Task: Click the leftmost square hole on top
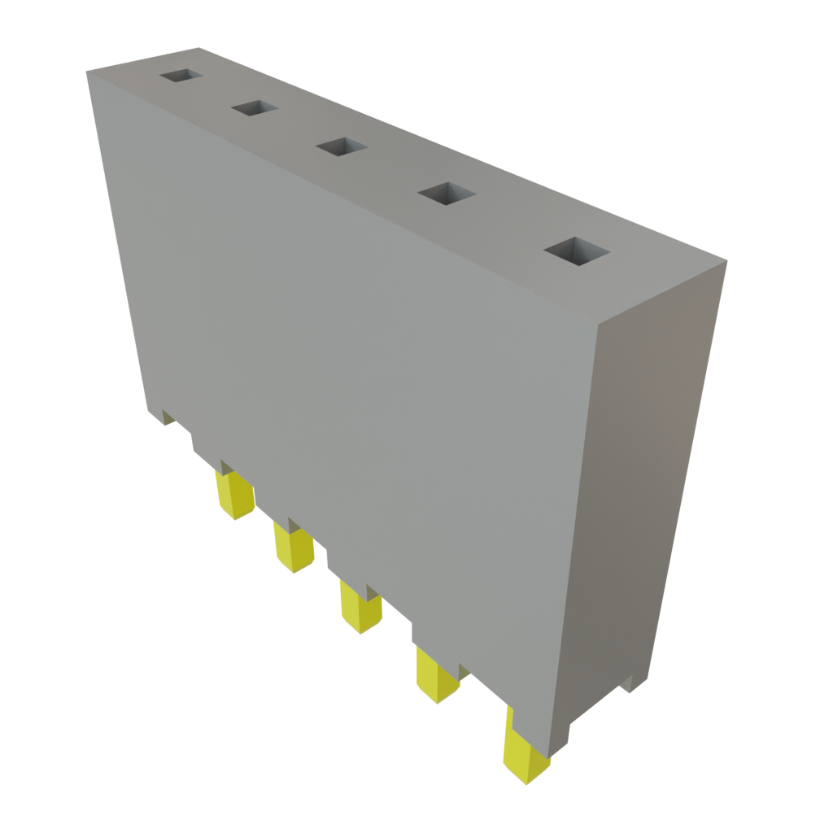point(180,75)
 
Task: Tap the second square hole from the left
point(254,107)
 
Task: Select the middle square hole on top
point(341,146)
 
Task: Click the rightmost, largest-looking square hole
point(577,251)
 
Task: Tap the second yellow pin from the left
point(293,547)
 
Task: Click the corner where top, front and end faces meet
point(597,324)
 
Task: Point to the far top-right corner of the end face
point(726,262)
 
